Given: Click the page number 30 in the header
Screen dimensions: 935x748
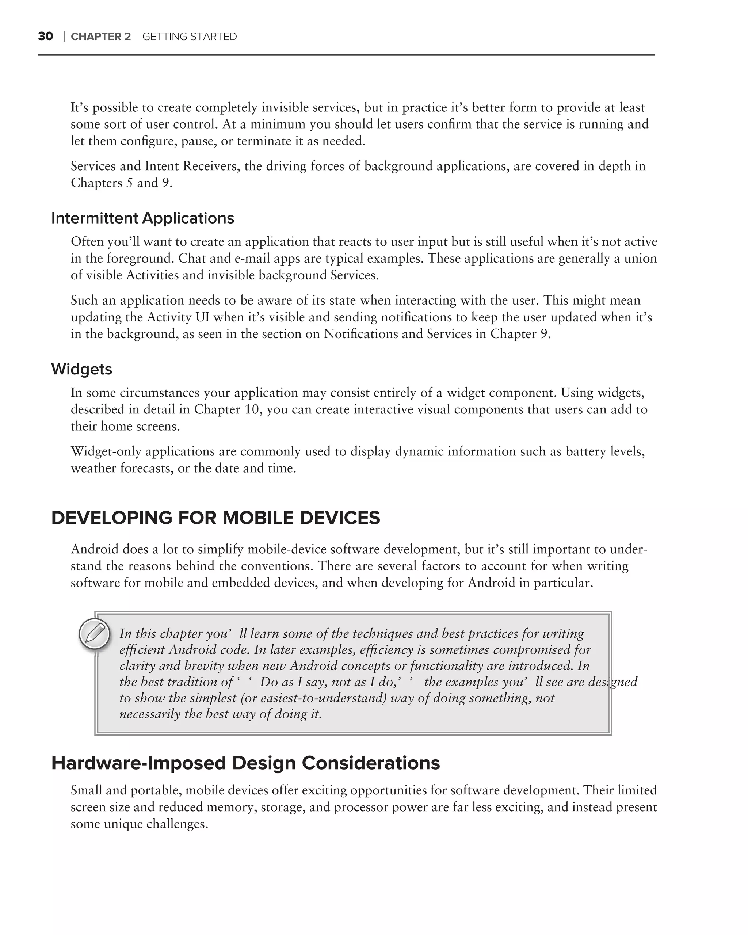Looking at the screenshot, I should click(46, 37).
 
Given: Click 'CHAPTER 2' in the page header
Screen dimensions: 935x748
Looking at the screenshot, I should click(100, 37).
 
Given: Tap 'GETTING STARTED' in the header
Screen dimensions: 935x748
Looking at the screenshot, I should click(190, 37).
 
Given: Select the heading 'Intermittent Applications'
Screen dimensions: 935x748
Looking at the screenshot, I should click(143, 218).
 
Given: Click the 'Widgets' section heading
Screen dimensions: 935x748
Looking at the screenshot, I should click(81, 369).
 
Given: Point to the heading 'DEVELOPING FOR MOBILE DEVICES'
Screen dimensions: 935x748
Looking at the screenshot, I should click(215, 518).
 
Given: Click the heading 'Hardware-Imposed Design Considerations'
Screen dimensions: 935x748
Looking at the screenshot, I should click(245, 763).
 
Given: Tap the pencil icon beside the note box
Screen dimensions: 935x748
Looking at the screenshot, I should click(95, 634).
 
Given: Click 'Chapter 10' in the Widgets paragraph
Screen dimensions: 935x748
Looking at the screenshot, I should click(226, 409).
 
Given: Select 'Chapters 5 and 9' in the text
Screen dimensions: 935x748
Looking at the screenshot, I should click(121, 183).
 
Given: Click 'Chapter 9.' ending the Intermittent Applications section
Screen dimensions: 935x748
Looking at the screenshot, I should click(520, 334).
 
